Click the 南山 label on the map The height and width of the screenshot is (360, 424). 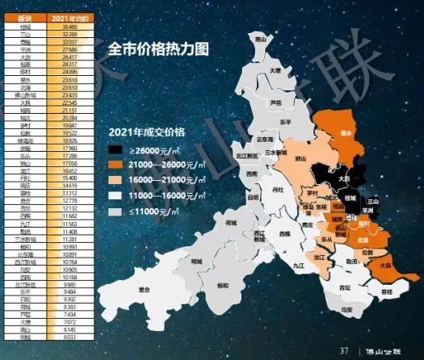(x=260, y=38)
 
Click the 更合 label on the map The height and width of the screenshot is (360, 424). (x=145, y=289)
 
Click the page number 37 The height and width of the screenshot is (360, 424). (x=343, y=350)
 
